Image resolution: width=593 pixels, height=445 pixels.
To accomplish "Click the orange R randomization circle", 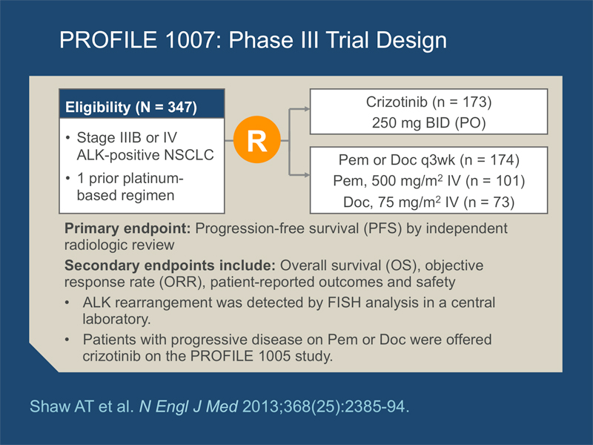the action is [256, 139].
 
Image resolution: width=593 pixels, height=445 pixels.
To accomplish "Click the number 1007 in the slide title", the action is [191, 40].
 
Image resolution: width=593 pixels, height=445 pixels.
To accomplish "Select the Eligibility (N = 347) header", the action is [131, 107].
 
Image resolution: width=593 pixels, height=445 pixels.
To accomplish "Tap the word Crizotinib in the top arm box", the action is [397, 102].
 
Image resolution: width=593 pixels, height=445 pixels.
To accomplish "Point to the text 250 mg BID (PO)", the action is [428, 123].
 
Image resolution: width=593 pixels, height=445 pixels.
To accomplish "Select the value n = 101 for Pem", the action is [495, 181].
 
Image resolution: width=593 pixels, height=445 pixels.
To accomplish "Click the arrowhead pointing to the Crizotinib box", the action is [306, 109].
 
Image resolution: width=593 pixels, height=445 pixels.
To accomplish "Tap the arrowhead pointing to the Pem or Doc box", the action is [306, 175].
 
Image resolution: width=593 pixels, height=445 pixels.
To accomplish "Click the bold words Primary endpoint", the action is [127, 228].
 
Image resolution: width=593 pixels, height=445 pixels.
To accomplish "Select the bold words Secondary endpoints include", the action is [170, 266].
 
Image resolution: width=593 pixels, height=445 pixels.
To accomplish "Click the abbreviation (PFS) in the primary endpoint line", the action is [382, 228].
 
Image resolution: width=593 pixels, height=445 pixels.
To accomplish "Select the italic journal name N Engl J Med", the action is [188, 406].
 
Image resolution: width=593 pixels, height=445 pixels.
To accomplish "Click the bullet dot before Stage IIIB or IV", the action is [67, 138].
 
